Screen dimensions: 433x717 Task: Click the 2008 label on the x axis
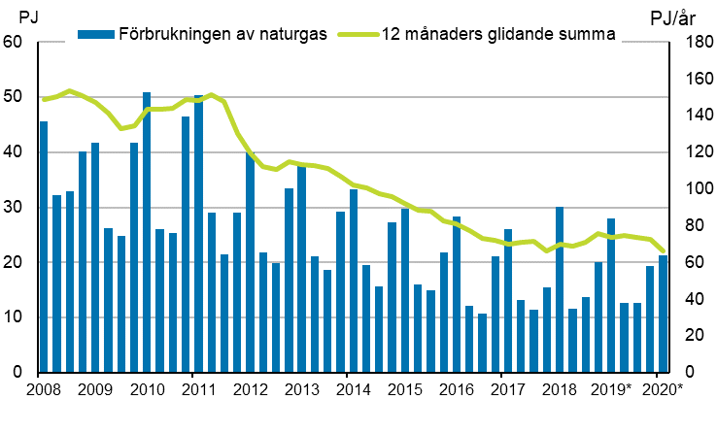tap(39, 390)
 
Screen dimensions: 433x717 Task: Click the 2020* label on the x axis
tap(662, 390)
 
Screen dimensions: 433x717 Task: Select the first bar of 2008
tap(44, 247)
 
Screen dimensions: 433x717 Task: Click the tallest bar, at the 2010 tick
tap(147, 232)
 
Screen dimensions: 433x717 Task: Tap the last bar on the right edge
tap(663, 314)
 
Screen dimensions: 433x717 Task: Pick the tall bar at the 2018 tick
tap(560, 289)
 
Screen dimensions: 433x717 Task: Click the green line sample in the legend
tap(356, 34)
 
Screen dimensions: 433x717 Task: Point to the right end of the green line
tap(664, 251)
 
